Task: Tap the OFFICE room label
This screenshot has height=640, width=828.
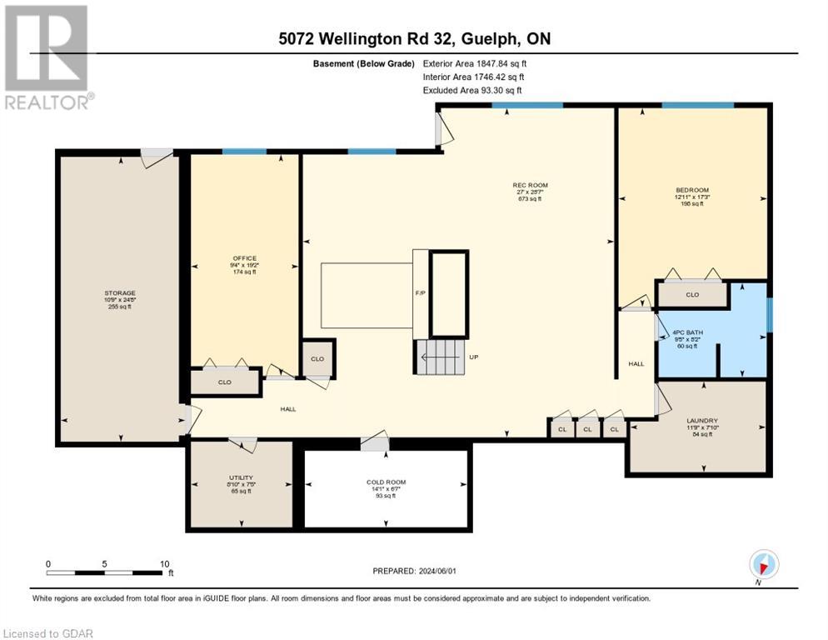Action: coord(245,258)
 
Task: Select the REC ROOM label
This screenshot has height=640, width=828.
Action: coord(530,185)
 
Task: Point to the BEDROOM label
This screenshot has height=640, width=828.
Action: coord(691,190)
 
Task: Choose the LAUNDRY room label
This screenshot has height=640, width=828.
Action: coord(697,421)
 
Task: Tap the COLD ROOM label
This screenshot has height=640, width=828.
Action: coord(386,482)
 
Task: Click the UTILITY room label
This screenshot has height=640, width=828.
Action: coord(241,478)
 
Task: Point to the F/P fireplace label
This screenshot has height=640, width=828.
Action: coord(420,294)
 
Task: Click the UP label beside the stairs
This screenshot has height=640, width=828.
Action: coord(474,357)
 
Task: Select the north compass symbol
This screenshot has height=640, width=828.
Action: coord(763,565)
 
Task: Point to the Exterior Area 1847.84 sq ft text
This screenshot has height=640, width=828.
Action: coord(475,63)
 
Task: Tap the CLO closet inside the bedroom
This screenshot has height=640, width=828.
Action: coord(691,294)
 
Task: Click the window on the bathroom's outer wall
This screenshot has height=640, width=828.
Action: coord(769,314)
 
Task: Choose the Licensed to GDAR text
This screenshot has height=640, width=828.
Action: coord(49,633)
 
